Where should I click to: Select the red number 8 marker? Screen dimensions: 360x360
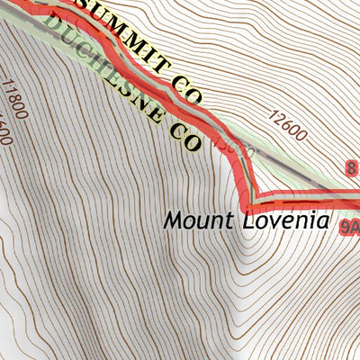[x=351, y=166]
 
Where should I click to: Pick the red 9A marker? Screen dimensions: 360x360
[x=350, y=229]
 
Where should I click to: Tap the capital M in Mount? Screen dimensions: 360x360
[x=172, y=219]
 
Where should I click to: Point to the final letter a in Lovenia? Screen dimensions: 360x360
[x=324, y=220]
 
